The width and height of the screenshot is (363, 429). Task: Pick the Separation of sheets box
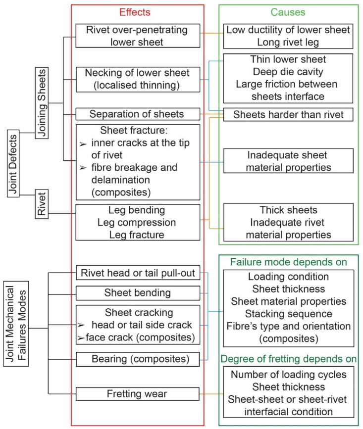pos(137,114)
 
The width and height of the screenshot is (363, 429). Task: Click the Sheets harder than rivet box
pos(289,114)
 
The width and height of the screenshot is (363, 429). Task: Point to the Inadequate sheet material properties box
pos(289,161)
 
